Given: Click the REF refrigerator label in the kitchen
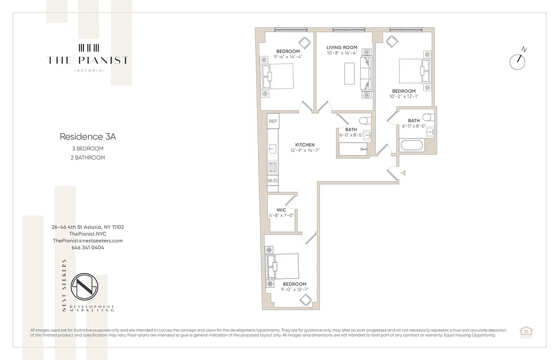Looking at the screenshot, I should pyautogui.click(x=273, y=121).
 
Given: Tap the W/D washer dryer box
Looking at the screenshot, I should pyautogui.click(x=273, y=180).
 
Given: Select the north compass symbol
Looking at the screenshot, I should pyautogui.click(x=518, y=61).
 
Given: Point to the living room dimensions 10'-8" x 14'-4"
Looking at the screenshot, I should pyautogui.click(x=342, y=53).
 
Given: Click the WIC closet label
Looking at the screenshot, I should pyautogui.click(x=281, y=210).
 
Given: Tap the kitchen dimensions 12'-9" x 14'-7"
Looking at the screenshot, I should pyautogui.click(x=305, y=150).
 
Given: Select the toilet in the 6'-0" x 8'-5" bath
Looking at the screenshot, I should pyautogui.click(x=365, y=121).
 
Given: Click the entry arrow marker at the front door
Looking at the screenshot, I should pyautogui.click(x=404, y=172).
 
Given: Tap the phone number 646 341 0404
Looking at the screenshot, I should pyautogui.click(x=88, y=247).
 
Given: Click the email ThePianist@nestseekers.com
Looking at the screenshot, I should pyautogui.click(x=88, y=241).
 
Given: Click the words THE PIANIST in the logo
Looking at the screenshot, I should pyautogui.click(x=88, y=61).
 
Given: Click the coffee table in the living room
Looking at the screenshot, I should pyautogui.click(x=349, y=73).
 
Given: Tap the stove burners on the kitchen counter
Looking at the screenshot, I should pyautogui.click(x=272, y=167).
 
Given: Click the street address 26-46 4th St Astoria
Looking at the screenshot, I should pyautogui.click(x=88, y=227).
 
